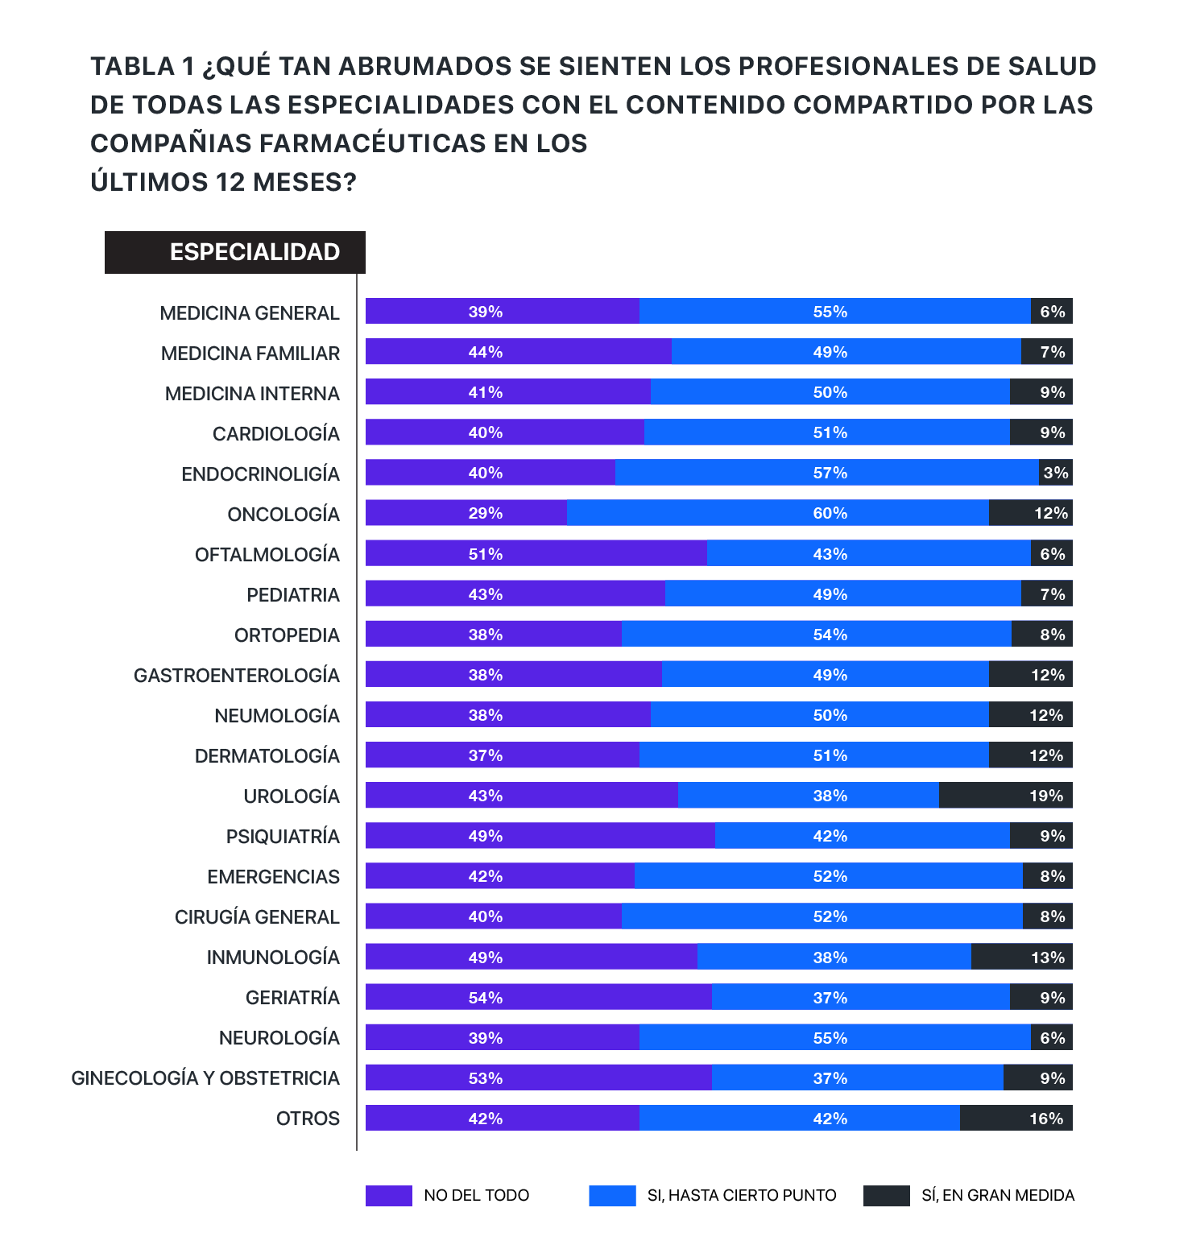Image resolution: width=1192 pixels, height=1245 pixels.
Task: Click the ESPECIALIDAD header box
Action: (x=235, y=252)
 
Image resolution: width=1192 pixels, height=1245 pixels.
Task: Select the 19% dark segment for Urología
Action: (x=1006, y=796)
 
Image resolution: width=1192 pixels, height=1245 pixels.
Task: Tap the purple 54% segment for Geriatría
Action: (x=539, y=997)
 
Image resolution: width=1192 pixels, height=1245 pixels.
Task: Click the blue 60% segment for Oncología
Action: (x=778, y=513)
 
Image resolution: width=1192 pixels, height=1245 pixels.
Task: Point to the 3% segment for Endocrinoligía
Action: (x=1056, y=473)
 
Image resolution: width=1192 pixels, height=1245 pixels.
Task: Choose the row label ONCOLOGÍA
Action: (x=284, y=515)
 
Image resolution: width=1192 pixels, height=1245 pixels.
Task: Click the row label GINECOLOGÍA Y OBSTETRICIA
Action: (x=205, y=1078)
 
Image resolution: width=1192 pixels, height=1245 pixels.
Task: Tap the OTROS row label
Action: (x=308, y=1119)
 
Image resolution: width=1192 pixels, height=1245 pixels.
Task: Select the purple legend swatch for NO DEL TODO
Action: (x=389, y=1196)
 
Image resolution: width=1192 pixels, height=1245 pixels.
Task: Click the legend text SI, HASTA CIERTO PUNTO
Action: (x=742, y=1196)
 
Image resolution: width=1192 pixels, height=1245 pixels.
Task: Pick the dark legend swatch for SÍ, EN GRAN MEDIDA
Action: (x=887, y=1196)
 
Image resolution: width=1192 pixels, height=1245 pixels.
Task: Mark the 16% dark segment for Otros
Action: (x=1016, y=1118)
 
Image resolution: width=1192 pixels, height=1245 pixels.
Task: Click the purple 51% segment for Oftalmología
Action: (x=536, y=553)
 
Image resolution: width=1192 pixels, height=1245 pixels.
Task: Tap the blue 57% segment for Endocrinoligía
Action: (x=827, y=473)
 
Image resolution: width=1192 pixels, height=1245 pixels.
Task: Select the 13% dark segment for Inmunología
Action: (x=1022, y=957)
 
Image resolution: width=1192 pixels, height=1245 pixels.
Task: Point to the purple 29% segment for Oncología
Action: (x=466, y=513)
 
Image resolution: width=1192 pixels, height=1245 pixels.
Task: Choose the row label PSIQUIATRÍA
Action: (x=283, y=837)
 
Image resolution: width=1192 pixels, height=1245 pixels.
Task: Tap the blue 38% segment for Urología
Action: (x=809, y=796)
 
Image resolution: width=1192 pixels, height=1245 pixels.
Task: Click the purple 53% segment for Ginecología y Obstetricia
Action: (x=539, y=1077)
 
